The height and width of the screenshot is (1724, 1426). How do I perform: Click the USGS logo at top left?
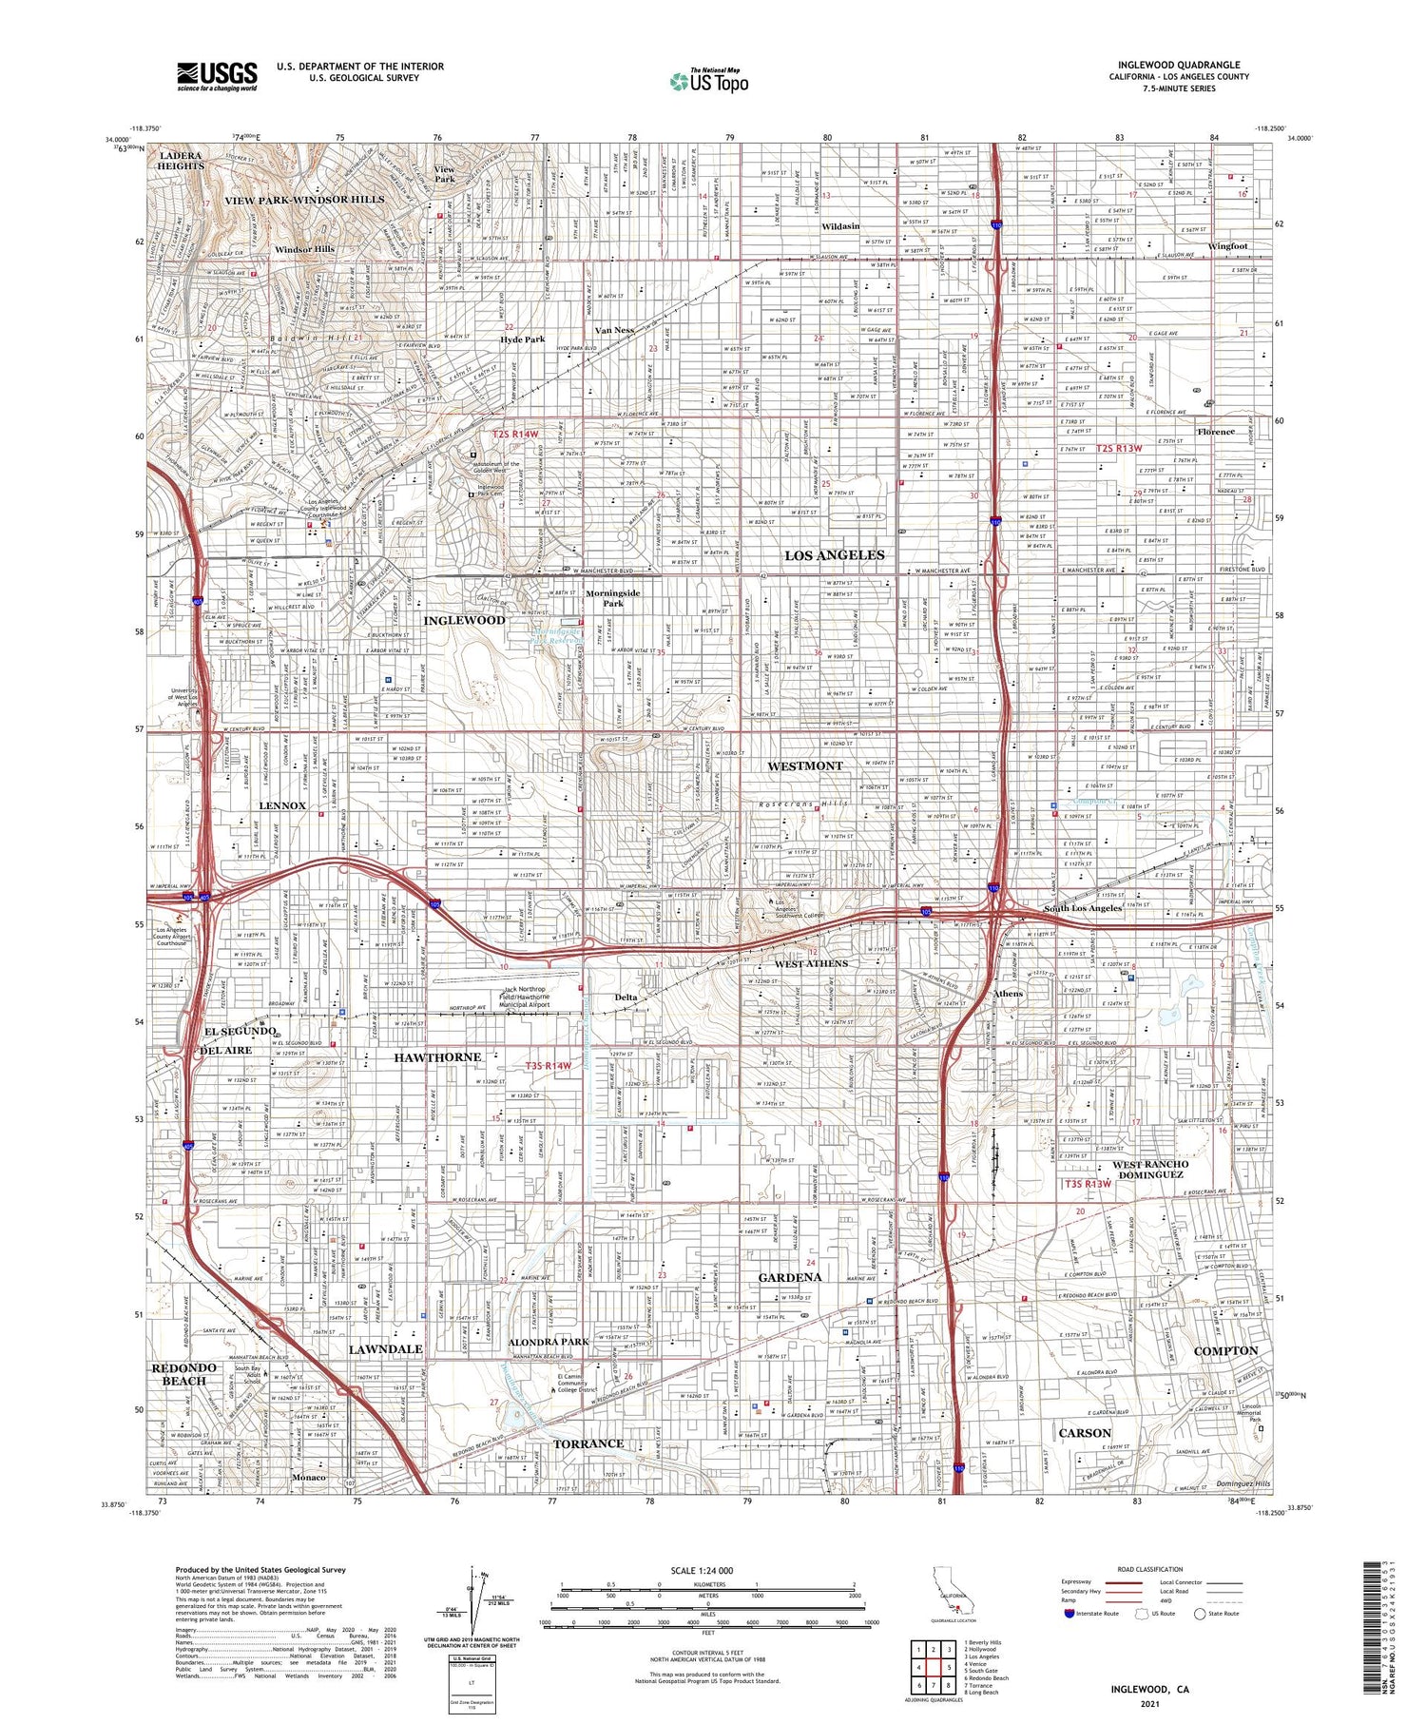point(217,76)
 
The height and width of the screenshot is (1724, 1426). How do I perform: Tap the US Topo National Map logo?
point(708,81)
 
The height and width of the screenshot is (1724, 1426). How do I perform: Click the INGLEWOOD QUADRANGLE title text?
point(1178,65)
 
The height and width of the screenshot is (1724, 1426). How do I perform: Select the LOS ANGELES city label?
point(834,554)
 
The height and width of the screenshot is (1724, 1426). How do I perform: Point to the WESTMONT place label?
point(804,765)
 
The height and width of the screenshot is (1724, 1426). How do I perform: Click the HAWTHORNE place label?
point(437,1057)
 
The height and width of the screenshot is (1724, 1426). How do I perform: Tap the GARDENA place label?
point(789,1277)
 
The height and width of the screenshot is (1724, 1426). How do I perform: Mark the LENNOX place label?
point(282,805)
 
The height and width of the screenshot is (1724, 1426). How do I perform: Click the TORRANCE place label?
point(588,1443)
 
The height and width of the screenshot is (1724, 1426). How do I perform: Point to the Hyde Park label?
point(522,339)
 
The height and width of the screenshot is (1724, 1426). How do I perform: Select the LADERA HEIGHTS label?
point(181,160)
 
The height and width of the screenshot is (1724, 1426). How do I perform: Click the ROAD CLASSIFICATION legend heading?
point(1150,1570)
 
